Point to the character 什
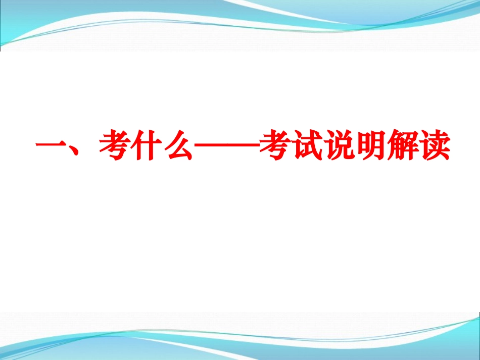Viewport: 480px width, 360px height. pyautogui.click(x=146, y=146)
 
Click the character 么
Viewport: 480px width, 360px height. pyautogui.click(x=177, y=146)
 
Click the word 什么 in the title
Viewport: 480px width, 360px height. pyautogui.click(x=162, y=146)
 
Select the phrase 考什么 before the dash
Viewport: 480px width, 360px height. pyautogui.click(x=146, y=146)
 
